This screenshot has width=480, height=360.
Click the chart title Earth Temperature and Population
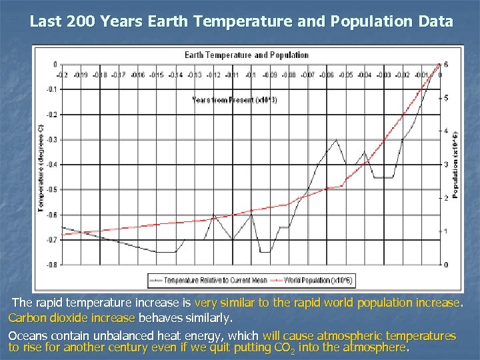pos(247,55)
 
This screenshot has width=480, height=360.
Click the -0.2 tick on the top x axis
pos(61,75)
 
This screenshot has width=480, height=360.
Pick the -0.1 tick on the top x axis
pos(251,75)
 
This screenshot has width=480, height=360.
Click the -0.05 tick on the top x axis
pos(345,75)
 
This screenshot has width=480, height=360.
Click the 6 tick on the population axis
pos(446,65)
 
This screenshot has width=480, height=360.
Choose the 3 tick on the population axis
pos(446,165)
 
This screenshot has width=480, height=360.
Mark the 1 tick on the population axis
pos(446,231)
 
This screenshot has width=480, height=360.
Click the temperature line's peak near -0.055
pos(336,139)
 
